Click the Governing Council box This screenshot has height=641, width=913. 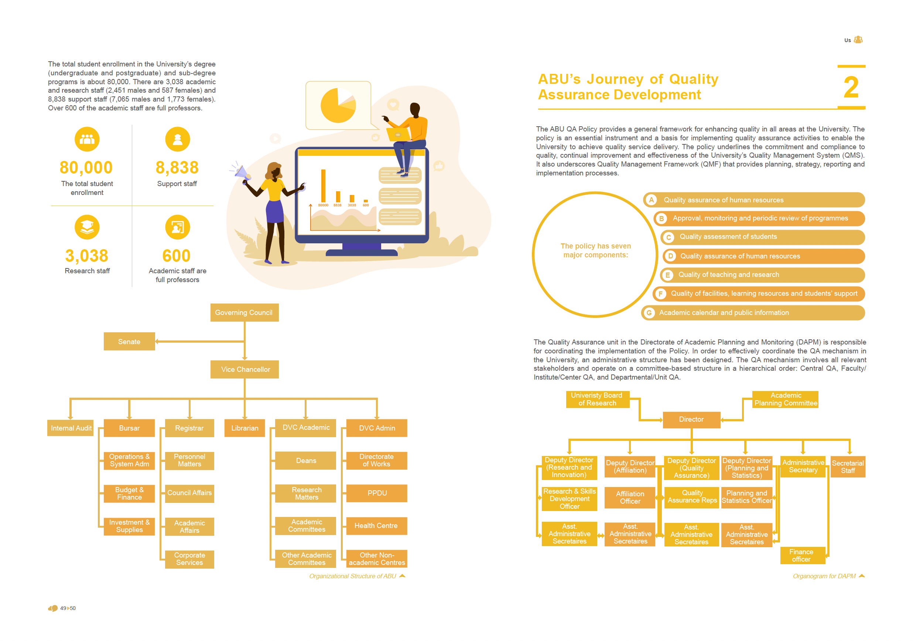(x=244, y=312)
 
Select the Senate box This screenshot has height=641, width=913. (x=129, y=342)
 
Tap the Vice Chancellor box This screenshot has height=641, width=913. (x=245, y=369)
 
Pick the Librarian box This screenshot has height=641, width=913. (x=245, y=428)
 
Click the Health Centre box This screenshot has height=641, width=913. (x=376, y=526)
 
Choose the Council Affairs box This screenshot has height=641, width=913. (x=189, y=493)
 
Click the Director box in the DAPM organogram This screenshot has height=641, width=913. (x=691, y=419)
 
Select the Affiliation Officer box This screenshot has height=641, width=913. (x=630, y=497)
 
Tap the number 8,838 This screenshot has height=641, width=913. (x=177, y=168)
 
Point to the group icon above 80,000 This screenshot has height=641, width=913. (x=87, y=139)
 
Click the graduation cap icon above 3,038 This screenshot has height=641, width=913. (x=87, y=227)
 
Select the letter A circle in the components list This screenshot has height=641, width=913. (x=652, y=200)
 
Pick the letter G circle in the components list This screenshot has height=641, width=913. (x=649, y=313)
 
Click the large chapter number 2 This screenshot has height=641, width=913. (x=851, y=88)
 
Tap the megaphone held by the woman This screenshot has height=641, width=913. (x=242, y=172)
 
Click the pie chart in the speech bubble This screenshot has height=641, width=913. (x=338, y=105)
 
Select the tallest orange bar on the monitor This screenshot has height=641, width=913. (x=323, y=186)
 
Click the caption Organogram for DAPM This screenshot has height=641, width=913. (x=824, y=576)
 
